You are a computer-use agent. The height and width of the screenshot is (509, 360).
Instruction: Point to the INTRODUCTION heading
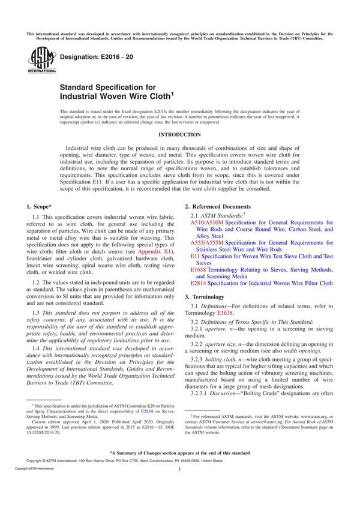click(179, 135)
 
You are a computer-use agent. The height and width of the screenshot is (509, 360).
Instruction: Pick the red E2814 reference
click(199, 283)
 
